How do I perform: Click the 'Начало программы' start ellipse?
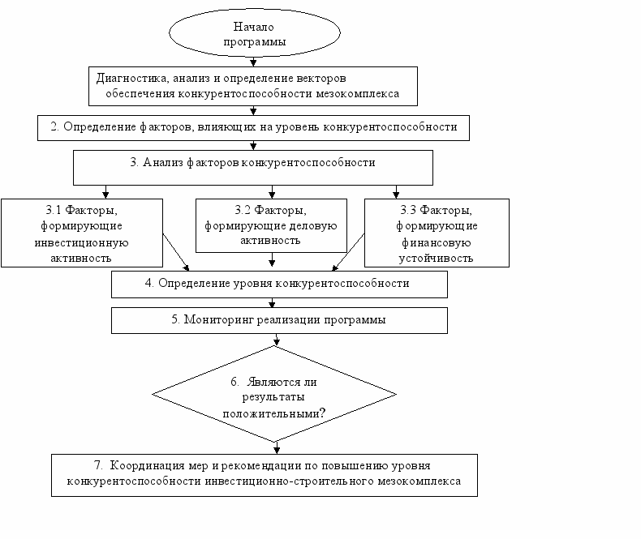[254, 32]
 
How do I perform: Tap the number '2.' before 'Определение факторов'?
[55, 126]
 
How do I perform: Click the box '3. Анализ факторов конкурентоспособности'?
[253, 168]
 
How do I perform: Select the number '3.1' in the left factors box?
[53, 210]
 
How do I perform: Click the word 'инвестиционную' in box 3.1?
[81, 243]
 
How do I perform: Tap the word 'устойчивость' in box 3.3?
[436, 259]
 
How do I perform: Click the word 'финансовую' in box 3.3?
[437, 243]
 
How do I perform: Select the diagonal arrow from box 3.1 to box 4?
[176, 252]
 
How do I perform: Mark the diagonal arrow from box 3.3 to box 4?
[348, 252]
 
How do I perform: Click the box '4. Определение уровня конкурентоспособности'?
[279, 284]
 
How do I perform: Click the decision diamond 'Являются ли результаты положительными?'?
[274, 394]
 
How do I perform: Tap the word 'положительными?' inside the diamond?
[274, 413]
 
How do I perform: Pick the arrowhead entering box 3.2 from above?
[272, 195]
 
